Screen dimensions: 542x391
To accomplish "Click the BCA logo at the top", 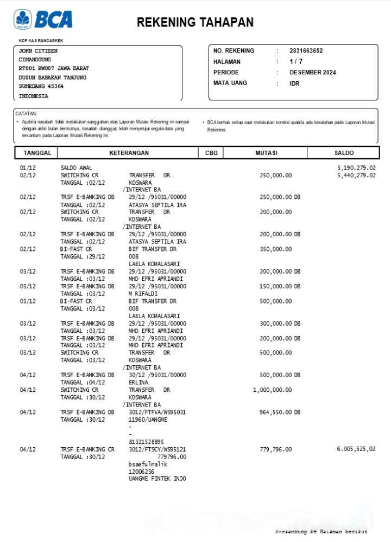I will coord(43,19).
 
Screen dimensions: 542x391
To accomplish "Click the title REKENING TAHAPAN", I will coord(195,22).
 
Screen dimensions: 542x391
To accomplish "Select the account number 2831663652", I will coord(306,51).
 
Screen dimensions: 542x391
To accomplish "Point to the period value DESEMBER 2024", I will coord(313,73).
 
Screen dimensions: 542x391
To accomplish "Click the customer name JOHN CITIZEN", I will coord(38,51).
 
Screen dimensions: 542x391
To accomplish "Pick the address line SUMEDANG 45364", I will coord(41,86).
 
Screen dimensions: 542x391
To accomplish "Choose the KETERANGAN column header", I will coord(129,153).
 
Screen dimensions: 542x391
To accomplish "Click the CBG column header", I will coord(211,153).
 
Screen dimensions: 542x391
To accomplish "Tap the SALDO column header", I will coord(344,153).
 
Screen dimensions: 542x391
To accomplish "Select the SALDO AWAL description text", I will coord(76,168).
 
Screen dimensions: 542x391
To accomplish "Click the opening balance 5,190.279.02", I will coord(356,168).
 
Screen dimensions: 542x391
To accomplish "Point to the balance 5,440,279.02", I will coord(356,176).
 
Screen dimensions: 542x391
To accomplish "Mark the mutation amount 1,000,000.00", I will coord(272,390).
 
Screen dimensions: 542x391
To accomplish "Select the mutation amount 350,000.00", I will coord(275,249).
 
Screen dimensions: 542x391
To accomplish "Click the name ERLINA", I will coord(138,383).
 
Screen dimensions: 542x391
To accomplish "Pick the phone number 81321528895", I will coord(146,442).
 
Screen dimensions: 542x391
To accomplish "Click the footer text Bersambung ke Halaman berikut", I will coord(321,532).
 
